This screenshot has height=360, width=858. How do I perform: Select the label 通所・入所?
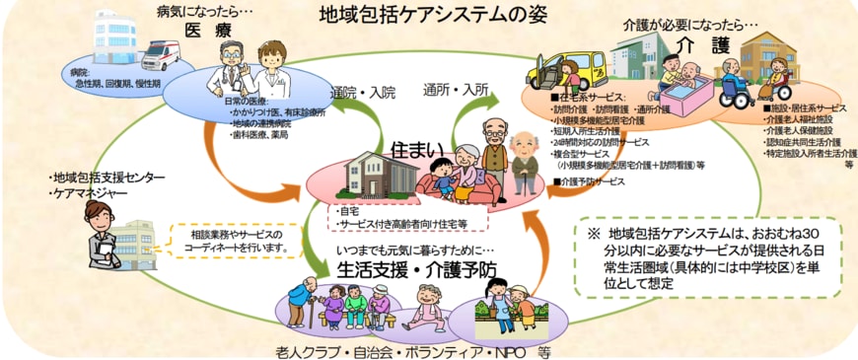pyautogui.click(x=456, y=89)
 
